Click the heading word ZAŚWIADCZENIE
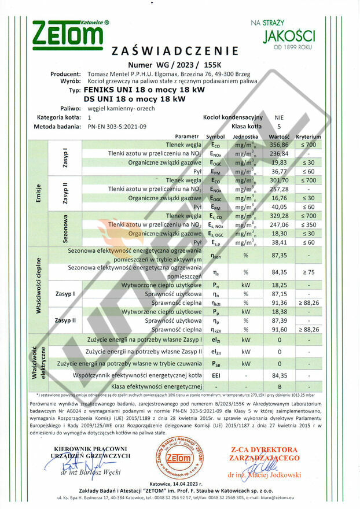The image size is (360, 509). (x=182, y=50)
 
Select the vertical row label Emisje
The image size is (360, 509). (x=38, y=192)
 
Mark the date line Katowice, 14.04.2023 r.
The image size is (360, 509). (x=180, y=484)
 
